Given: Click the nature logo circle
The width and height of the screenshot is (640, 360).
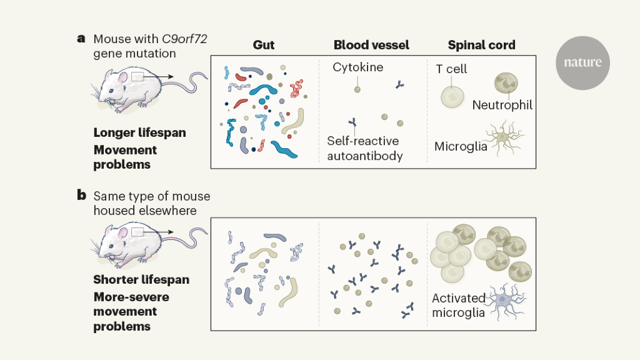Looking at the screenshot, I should tap(582, 62).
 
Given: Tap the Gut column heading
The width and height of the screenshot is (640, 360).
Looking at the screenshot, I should tap(263, 45).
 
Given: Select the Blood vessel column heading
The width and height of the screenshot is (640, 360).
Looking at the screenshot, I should tap(371, 45).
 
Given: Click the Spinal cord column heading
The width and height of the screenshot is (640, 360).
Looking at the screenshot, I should tap(481, 45).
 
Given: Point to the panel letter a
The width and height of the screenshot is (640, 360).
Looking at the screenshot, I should tap(81, 39).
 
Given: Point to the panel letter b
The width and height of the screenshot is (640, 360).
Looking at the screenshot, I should tap(81, 195).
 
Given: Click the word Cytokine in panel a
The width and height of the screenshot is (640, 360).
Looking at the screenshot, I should tap(357, 67).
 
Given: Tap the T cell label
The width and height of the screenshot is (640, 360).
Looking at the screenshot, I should tap(451, 69).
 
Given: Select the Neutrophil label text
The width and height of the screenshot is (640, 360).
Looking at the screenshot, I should tap(502, 105).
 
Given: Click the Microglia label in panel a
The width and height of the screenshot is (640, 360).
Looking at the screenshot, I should tap(461, 146).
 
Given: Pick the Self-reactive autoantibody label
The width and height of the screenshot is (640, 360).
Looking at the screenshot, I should tap(362, 148).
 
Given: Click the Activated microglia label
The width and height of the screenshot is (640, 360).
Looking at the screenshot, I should tap(458, 305).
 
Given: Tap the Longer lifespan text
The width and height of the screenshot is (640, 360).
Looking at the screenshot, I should tap(139, 132).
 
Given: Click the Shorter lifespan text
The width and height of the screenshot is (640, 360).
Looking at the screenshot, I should tap(141, 279).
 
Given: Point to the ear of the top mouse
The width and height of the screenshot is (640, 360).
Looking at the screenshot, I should tap(122, 77).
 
